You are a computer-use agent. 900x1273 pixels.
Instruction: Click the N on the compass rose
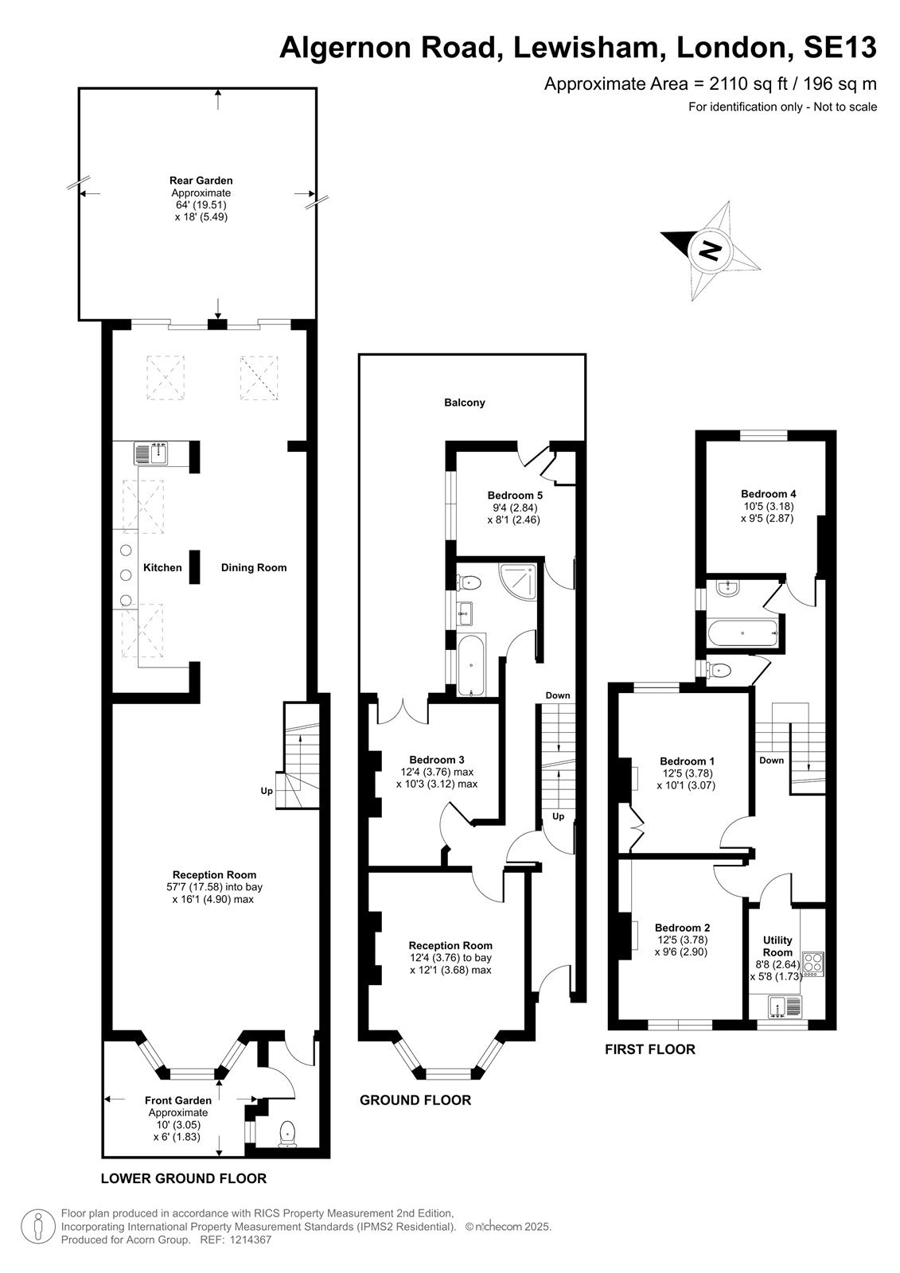tap(709, 250)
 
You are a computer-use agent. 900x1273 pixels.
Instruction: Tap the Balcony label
tap(465, 403)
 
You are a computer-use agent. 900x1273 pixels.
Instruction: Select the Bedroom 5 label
tap(515, 495)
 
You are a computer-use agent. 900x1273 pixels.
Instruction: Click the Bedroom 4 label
tap(768, 494)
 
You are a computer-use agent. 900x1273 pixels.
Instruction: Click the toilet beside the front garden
tap(288, 1133)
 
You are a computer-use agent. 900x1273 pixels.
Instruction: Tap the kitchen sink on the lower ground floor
tap(150, 453)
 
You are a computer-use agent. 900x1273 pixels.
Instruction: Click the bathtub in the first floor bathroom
tap(742, 632)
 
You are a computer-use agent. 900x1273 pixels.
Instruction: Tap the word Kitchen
tap(162, 567)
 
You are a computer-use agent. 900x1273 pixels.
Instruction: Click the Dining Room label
tap(254, 567)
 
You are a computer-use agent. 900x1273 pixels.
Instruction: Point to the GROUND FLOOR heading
tap(415, 1100)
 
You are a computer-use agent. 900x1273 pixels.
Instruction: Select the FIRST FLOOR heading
tap(650, 1049)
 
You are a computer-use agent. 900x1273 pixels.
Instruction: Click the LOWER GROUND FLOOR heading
tap(184, 1178)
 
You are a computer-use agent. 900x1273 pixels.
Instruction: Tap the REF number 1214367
tap(250, 1239)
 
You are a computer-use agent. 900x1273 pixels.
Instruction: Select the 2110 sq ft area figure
tap(748, 84)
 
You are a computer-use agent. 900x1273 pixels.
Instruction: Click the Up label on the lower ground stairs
tap(267, 791)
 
